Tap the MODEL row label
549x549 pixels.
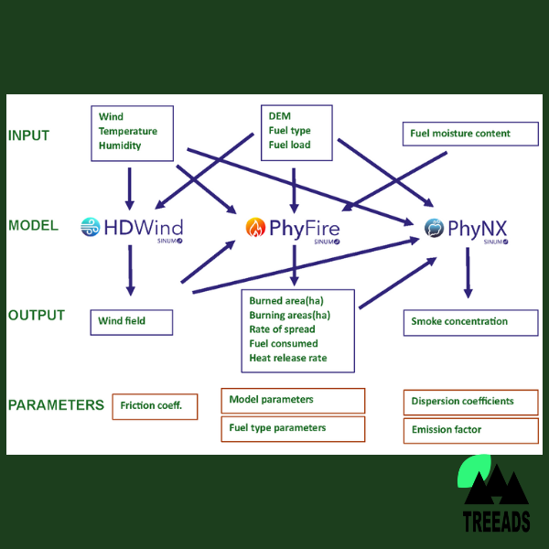click(34, 225)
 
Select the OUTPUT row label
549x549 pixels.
click(37, 316)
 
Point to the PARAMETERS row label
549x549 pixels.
click(56, 404)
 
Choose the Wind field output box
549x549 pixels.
click(132, 322)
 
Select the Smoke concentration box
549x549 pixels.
click(469, 322)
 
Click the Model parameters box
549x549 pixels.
click(293, 400)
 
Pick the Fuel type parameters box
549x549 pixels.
click(293, 428)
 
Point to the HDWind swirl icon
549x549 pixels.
click(90, 227)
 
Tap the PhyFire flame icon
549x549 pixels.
click(253, 227)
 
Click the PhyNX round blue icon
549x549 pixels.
click(435, 227)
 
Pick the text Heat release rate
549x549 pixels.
click(287, 358)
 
